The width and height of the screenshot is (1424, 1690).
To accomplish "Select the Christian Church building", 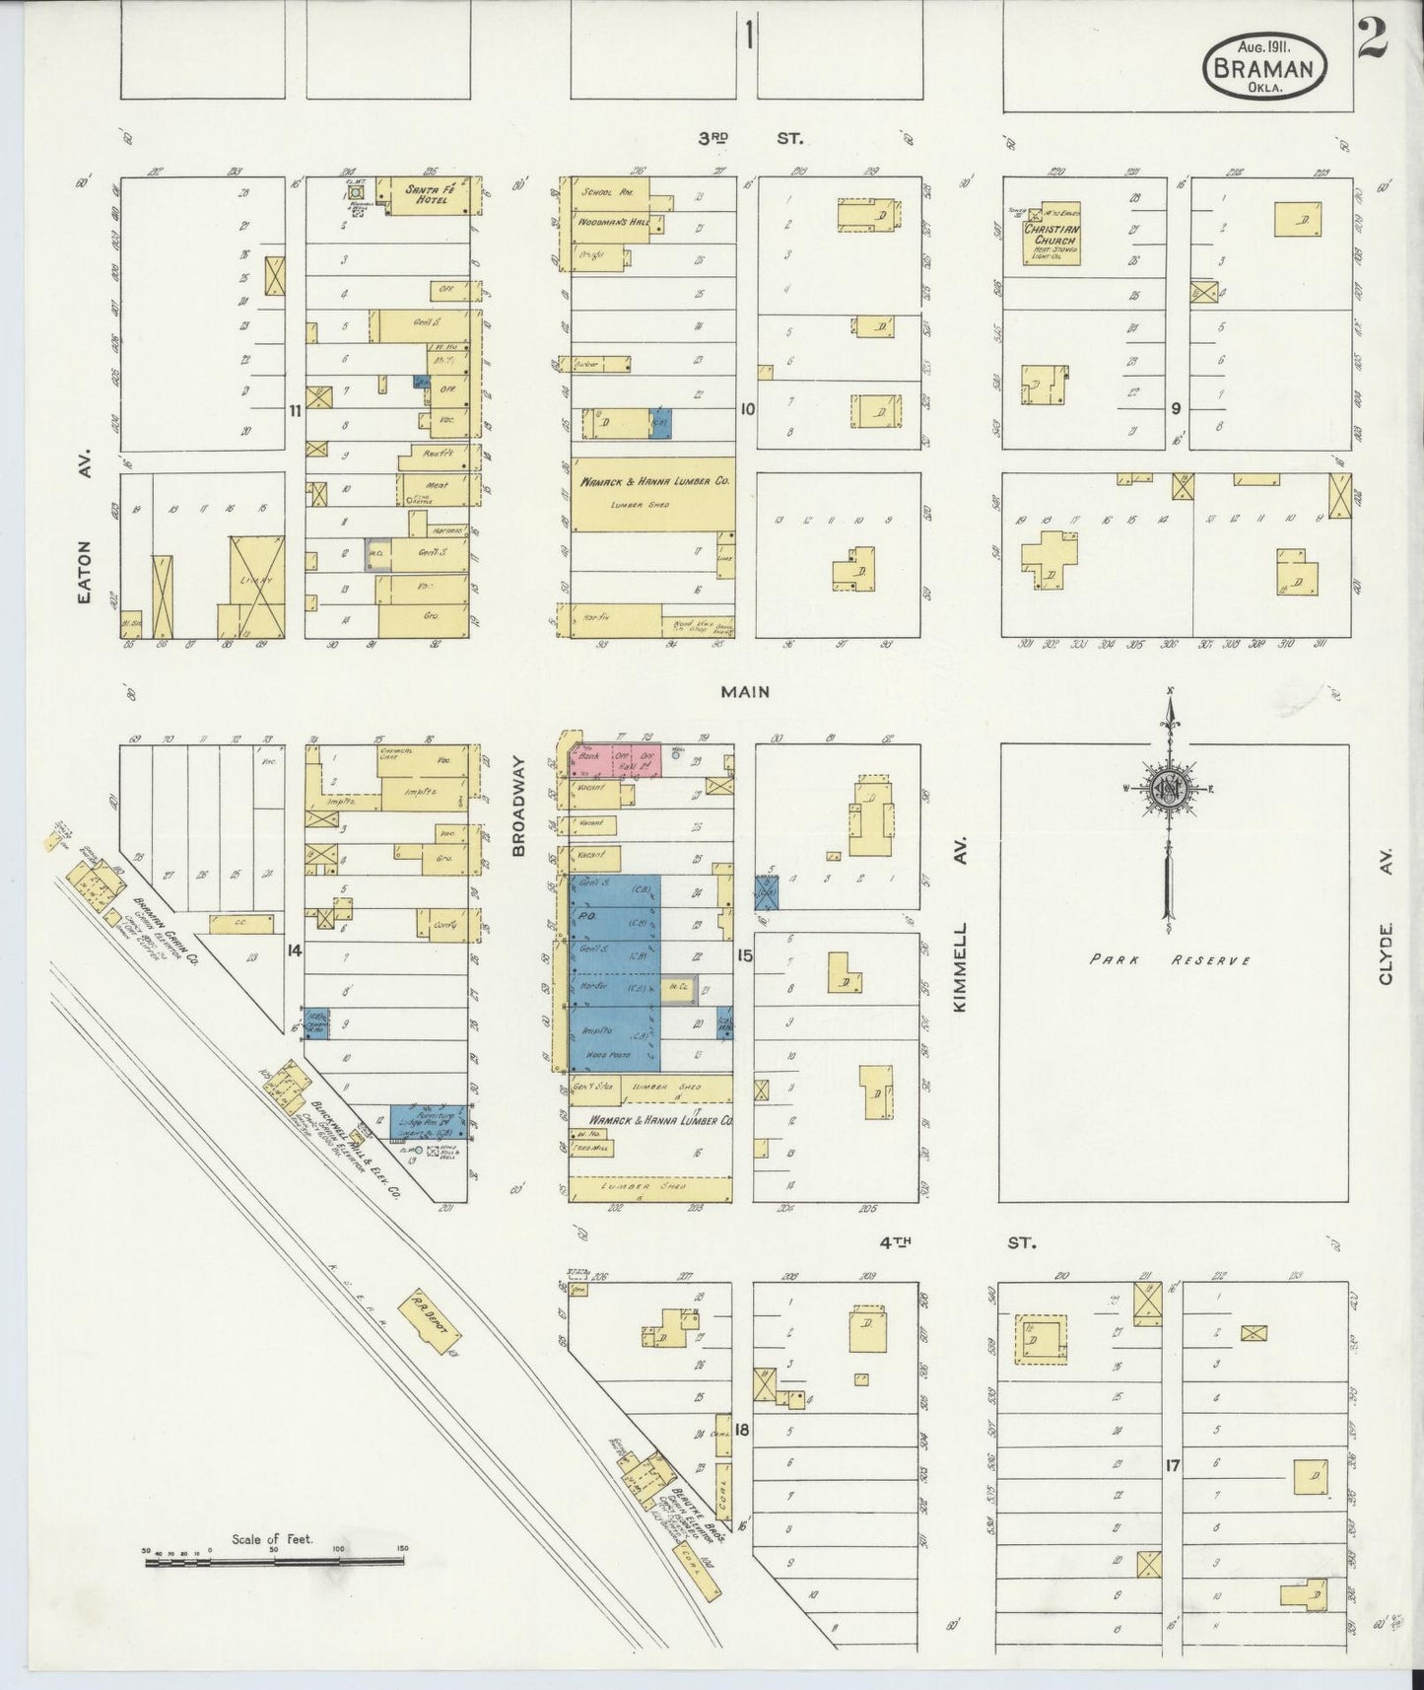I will click(1051, 237).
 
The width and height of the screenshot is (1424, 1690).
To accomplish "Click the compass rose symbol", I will click(1169, 789).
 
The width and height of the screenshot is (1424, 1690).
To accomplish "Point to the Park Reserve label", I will click(1170, 959).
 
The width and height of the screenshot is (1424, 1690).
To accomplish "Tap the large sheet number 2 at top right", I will click(1372, 39).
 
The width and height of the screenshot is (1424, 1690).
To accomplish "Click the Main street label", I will click(745, 692).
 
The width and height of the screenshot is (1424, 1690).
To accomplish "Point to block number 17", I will click(1171, 1466).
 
